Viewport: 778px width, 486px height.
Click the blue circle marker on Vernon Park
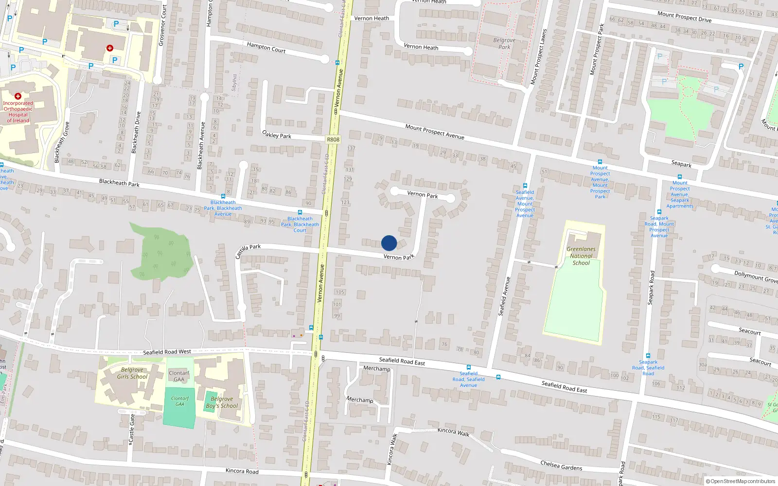(x=389, y=243)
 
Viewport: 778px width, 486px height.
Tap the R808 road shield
(x=333, y=139)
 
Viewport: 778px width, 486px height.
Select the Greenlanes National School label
(x=581, y=256)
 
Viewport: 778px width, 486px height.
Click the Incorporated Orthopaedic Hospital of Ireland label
(x=18, y=112)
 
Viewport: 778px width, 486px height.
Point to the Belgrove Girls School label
(x=132, y=373)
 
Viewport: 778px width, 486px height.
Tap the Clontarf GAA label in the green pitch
(x=180, y=401)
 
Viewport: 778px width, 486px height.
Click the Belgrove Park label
(x=504, y=44)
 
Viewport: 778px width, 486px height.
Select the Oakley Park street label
(x=277, y=134)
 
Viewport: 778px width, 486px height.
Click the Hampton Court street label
(x=266, y=47)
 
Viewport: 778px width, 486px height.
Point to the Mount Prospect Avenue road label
(x=435, y=132)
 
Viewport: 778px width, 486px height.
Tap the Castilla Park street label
(x=248, y=251)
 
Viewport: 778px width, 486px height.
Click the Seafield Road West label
(x=167, y=352)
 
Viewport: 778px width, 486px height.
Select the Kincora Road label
(x=242, y=471)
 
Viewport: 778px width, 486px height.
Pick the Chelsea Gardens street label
(x=561, y=466)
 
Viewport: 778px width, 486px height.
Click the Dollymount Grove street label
(x=756, y=277)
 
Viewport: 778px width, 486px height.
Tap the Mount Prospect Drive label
(x=684, y=17)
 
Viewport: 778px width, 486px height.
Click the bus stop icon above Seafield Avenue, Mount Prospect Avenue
(x=525, y=186)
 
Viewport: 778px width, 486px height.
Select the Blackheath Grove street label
(x=62, y=142)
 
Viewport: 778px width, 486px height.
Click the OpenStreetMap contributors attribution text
(x=741, y=482)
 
